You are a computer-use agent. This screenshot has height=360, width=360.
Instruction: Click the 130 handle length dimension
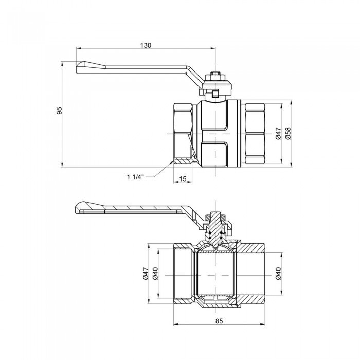(146, 45)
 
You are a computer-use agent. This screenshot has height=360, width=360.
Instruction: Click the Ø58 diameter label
(288, 134)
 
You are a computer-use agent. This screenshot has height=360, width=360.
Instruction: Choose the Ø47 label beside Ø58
(278, 134)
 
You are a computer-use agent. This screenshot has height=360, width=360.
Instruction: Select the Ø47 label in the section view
(146, 276)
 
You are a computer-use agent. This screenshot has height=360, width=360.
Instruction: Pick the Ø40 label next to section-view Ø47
(155, 276)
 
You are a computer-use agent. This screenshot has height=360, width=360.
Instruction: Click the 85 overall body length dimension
(219, 322)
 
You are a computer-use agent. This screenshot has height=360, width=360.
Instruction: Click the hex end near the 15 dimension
(183, 134)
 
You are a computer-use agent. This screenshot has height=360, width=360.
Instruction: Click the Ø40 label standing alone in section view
(278, 276)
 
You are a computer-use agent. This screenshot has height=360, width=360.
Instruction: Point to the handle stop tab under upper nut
(215, 93)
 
